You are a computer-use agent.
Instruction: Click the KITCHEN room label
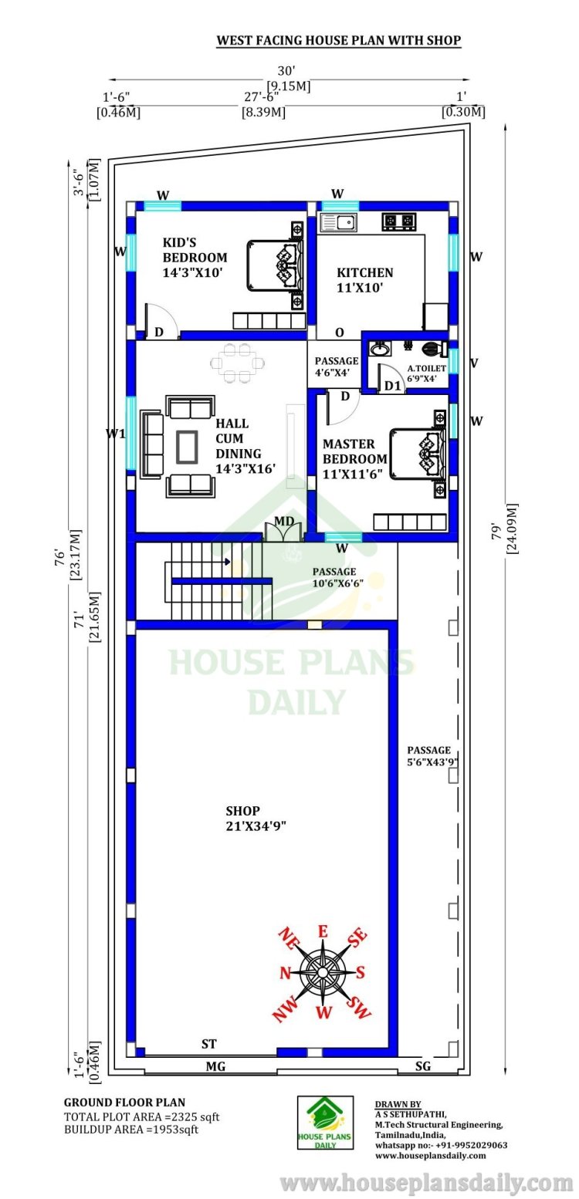coord(364,272)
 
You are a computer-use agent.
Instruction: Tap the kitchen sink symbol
coord(338,221)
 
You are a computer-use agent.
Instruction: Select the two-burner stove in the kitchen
coord(399,221)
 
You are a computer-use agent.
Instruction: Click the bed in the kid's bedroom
coord(276,265)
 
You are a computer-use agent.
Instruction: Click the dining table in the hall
coord(238,363)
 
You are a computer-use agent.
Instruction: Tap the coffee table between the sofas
coord(186,446)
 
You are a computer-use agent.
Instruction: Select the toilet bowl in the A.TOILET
coord(433,349)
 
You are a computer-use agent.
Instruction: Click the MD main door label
coord(284,521)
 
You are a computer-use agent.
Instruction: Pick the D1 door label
coord(393,386)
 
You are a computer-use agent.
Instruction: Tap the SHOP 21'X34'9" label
coord(256,819)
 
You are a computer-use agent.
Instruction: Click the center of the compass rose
coord(323,972)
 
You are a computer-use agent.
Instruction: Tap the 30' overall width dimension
coord(286,71)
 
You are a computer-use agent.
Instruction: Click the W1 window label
coord(115,433)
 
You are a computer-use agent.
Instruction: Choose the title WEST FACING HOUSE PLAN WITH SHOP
coord(338,40)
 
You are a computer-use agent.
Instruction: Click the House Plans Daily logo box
coord(326,1122)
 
